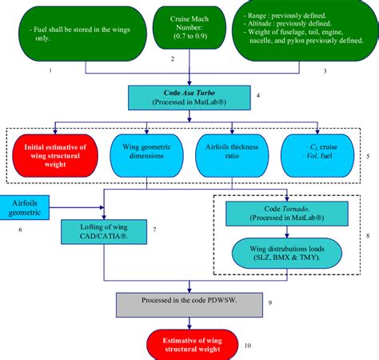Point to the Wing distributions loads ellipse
(x=284, y=253)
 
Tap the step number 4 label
(x=257, y=96)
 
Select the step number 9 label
(x=269, y=302)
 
